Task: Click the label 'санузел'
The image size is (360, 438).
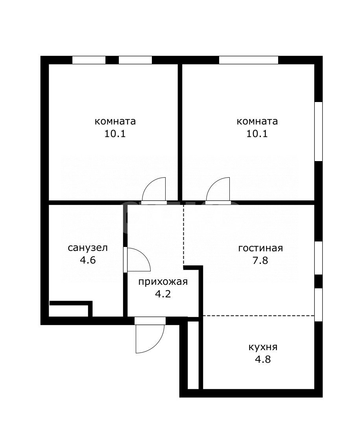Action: (x=88, y=248)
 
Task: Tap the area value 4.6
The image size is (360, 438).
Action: (x=88, y=260)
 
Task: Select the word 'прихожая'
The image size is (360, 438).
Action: (x=163, y=282)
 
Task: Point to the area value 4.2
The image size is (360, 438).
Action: (x=163, y=294)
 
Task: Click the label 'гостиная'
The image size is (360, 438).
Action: (x=260, y=248)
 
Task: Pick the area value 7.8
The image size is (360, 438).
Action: (x=260, y=260)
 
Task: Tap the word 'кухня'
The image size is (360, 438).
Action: (x=263, y=347)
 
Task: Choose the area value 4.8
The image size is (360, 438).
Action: (x=263, y=359)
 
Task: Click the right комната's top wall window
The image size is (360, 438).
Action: (x=249, y=60)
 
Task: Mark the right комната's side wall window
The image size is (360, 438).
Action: (x=319, y=131)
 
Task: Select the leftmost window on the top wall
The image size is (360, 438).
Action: (x=89, y=60)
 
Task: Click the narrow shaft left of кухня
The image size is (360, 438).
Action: (x=193, y=355)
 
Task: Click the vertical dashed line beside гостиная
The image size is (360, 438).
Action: (x=184, y=235)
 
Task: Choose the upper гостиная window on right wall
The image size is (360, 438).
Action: (x=319, y=258)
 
